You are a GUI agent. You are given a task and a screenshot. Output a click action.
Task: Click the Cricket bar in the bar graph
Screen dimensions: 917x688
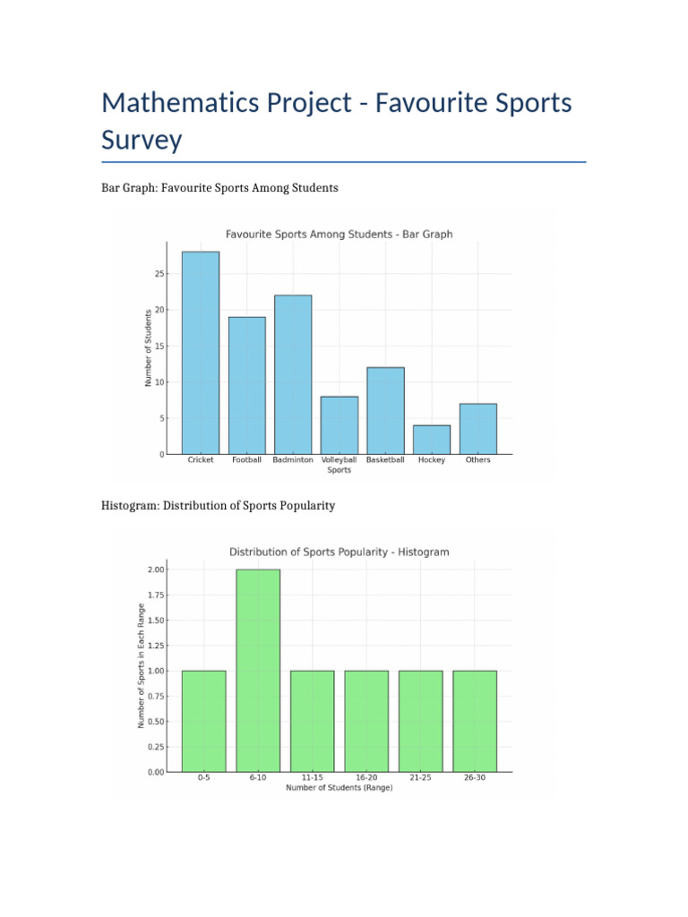point(200,353)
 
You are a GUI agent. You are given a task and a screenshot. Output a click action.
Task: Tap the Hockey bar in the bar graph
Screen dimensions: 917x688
point(432,440)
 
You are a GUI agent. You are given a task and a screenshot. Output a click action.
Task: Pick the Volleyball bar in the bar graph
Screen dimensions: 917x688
point(340,425)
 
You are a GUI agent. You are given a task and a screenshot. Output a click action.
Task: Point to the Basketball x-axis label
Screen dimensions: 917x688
point(385,460)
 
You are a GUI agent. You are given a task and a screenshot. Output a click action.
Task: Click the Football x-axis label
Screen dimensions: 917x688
point(246,460)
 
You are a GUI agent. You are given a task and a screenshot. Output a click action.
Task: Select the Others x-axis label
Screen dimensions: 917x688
point(477,460)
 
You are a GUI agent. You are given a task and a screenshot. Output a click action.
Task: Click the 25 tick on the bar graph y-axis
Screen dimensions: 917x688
point(159,274)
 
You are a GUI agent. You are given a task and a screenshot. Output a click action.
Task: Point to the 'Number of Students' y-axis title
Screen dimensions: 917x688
point(149,347)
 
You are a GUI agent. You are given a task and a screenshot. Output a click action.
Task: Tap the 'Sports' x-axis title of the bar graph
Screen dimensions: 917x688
point(339,470)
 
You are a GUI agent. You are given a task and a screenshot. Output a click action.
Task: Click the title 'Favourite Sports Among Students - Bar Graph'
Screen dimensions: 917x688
point(339,235)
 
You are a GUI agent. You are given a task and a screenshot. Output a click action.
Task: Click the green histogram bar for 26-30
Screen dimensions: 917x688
point(475,721)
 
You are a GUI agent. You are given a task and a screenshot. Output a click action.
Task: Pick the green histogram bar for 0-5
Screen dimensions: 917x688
point(203,721)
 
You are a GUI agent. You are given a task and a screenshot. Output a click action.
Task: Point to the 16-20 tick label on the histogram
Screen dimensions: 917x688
point(366,778)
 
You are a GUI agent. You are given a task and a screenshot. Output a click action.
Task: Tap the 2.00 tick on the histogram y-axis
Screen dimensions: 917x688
point(155,570)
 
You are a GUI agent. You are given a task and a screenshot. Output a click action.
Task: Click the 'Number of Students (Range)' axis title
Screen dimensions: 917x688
point(339,788)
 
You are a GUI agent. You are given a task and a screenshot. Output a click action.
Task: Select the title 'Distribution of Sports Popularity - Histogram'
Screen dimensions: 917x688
point(339,552)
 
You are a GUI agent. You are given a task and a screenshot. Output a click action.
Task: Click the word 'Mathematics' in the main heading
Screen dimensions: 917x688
point(176,103)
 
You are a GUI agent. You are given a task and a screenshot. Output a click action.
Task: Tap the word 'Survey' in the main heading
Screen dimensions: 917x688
point(142,141)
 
